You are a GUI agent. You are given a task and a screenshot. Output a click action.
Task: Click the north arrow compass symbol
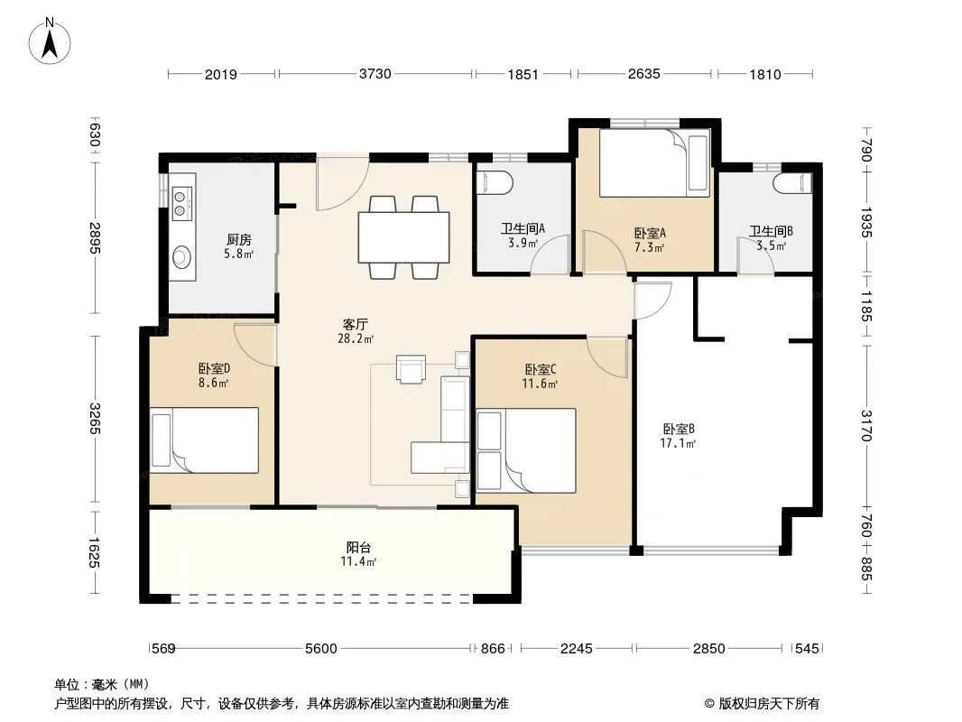point(50,42)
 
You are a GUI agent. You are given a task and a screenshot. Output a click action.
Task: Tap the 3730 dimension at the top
point(375,74)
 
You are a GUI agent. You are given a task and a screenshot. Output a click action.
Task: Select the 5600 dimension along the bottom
point(321,648)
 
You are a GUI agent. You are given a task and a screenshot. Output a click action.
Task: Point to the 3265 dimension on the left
point(94,418)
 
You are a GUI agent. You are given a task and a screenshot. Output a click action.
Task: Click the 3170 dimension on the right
point(865,426)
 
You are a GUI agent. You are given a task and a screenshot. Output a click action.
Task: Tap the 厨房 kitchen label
point(238,240)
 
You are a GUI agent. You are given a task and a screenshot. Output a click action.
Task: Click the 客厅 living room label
point(356,324)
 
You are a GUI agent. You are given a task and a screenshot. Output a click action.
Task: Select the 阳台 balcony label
point(358,547)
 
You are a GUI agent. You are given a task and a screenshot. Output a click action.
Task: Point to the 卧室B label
point(678,429)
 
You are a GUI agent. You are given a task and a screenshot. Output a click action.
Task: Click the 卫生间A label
point(523,229)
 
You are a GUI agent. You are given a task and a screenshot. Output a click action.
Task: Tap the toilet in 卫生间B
point(792,182)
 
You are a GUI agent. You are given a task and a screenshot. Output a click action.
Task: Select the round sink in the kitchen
point(182,257)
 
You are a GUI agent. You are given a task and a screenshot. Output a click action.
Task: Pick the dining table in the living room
point(403,237)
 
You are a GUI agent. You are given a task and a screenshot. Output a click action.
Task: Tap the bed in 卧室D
point(204,440)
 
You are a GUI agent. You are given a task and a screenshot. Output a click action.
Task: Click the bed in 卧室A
point(654,163)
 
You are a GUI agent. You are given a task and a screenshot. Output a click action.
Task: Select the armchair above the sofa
point(411,369)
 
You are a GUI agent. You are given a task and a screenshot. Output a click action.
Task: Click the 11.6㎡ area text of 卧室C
point(540,384)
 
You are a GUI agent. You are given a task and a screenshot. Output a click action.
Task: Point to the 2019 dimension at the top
point(221,75)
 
